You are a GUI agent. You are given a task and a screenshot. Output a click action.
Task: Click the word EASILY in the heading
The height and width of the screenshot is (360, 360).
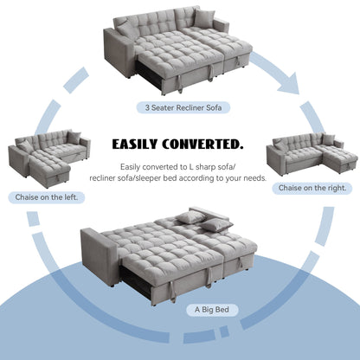pos(144,143)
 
